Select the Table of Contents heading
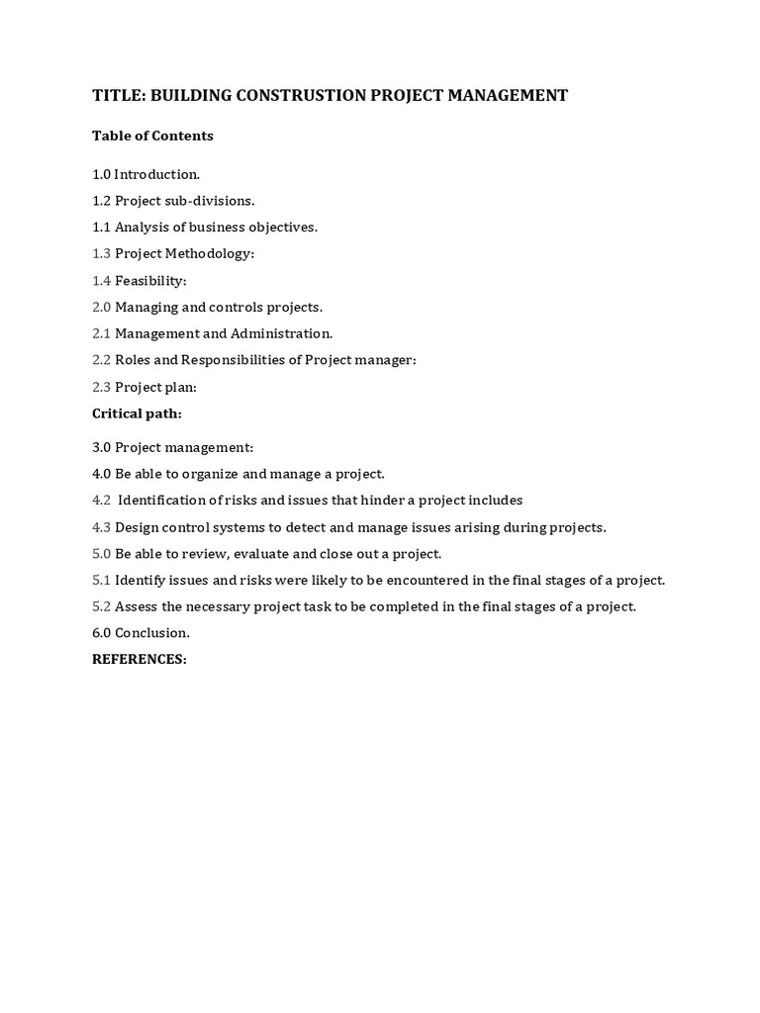152,136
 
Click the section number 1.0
101,174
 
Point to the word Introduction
156,174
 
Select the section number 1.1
101,228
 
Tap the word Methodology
210,254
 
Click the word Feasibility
150,281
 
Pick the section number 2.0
101,308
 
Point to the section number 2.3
101,388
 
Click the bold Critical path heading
137,414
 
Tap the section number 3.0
101,448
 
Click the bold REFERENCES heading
139,660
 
